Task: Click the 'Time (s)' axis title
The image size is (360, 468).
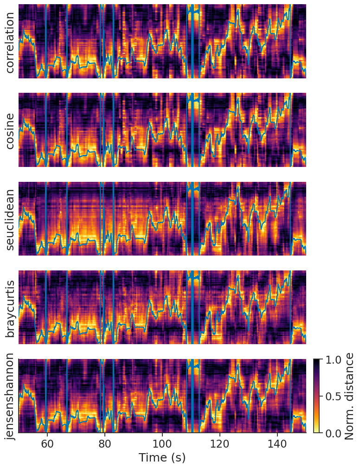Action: [162, 458]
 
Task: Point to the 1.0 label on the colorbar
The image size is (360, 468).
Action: [332, 359]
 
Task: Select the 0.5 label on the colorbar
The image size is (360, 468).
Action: [332, 396]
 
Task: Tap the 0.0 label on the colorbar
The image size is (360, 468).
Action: [332, 433]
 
